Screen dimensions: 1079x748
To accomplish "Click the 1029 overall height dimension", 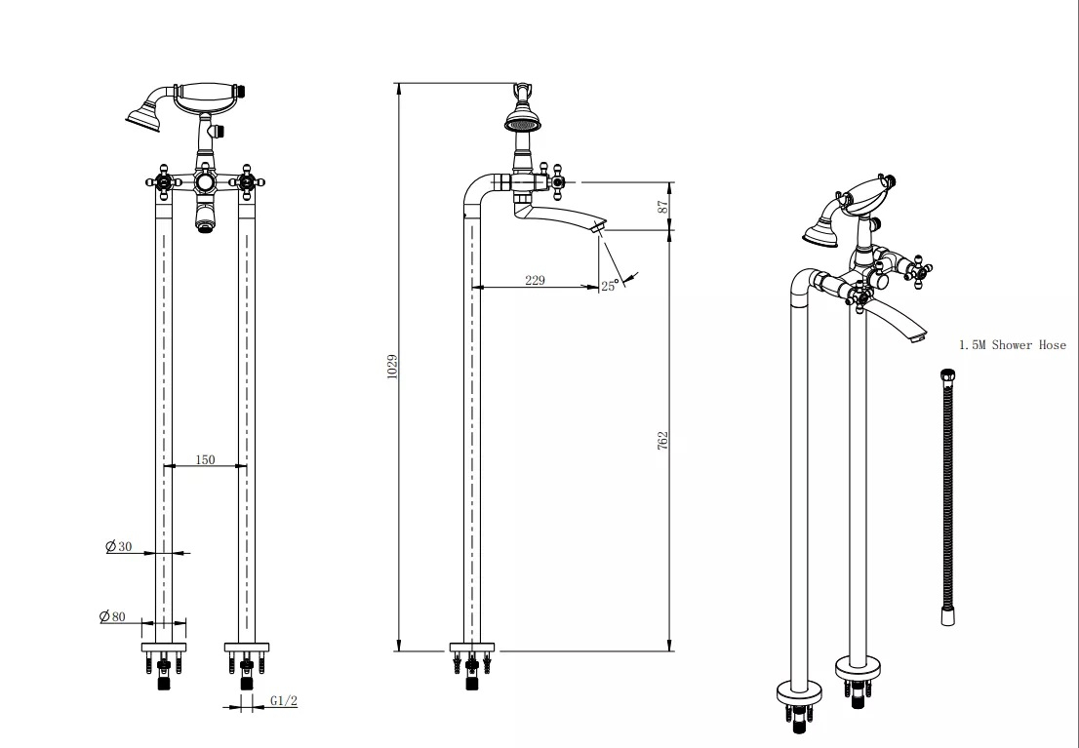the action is point(392,366).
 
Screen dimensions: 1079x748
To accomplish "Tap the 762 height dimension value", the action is point(662,441).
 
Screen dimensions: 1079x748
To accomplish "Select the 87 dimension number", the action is point(662,206).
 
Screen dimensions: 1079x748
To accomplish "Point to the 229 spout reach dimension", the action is point(535,280).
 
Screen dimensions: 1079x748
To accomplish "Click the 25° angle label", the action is point(609,286).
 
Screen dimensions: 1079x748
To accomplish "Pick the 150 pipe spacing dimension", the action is point(205,459).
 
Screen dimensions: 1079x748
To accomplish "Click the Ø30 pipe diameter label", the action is point(118,546).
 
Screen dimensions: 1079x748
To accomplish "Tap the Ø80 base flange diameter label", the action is point(113,616).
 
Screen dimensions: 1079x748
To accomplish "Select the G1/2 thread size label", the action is point(284,700).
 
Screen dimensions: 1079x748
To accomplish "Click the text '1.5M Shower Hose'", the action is point(1013,345).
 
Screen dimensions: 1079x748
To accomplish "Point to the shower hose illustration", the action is point(947,496).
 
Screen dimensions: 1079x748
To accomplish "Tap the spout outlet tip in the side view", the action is point(599,226).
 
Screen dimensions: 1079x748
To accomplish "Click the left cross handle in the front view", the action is point(164,182).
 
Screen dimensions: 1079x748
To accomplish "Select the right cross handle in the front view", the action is point(247,182).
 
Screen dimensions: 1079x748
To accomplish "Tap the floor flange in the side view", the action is point(472,648).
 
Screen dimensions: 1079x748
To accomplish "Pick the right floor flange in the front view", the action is point(247,648).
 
